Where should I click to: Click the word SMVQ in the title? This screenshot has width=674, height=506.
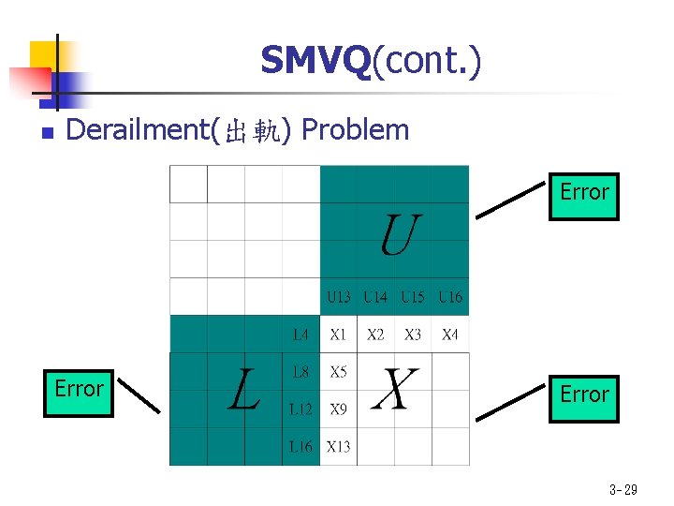coord(315,61)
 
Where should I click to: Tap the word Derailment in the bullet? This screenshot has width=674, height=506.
coord(139,130)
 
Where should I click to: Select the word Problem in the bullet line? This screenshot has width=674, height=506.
coord(356,130)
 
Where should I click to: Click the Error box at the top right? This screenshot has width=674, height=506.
coord(583,195)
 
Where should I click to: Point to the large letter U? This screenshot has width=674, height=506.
coord(399,234)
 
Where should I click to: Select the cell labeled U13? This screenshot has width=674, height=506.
coord(338,297)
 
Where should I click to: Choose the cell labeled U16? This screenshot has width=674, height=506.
coord(450,297)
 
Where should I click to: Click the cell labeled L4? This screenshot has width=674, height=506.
coord(300,335)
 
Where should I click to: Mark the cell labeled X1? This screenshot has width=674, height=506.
coord(338,335)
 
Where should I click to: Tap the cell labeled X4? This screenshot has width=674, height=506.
coord(450,335)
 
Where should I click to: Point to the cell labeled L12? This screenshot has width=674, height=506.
coord(300,409)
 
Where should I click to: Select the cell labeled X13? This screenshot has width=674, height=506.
coord(338,447)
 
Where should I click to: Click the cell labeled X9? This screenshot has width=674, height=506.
coord(338,409)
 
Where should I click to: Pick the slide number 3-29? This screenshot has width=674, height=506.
coord(623,489)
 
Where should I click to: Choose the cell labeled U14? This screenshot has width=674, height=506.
coord(375,297)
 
